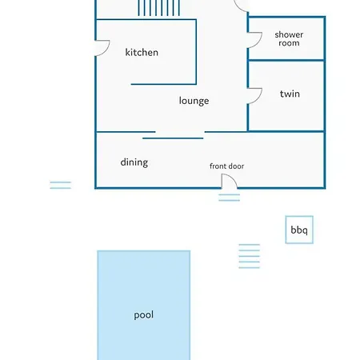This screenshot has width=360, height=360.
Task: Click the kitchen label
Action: pyautogui.click(x=142, y=52)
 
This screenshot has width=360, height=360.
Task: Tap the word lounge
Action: pyautogui.click(x=194, y=101)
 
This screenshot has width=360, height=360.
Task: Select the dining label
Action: pyautogui.click(x=134, y=162)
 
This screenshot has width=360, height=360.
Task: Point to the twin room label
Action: pyautogui.click(x=290, y=94)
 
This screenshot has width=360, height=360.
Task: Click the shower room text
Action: pyautogui.click(x=289, y=39)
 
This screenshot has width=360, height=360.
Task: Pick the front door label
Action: pyautogui.click(x=226, y=166)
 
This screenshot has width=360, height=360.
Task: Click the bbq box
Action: pyautogui.click(x=299, y=230)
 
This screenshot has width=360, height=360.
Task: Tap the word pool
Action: pyautogui.click(x=143, y=315)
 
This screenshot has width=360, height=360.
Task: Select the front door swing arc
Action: pyautogui.click(x=233, y=178)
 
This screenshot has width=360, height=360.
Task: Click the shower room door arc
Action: pyautogui.click(x=259, y=42)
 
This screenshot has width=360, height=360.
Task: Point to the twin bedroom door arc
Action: pyautogui.click(x=259, y=98)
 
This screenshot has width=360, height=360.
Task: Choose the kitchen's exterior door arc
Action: pyautogui.click(x=106, y=50)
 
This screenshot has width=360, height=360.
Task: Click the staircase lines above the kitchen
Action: pyautogui.click(x=158, y=8)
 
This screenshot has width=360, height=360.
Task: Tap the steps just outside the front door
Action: pyautogui.click(x=230, y=198)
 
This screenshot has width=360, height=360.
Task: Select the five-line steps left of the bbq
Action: pyautogui.click(x=250, y=256)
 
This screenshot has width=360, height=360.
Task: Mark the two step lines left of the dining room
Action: pyautogui.click(x=61, y=185)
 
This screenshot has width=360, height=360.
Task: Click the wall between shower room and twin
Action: pyautogui.click(x=286, y=60)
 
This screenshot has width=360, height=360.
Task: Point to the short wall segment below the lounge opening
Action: pyautogui.click(x=173, y=138)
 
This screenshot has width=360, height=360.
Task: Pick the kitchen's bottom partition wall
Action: pyautogui.click(x=164, y=84)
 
